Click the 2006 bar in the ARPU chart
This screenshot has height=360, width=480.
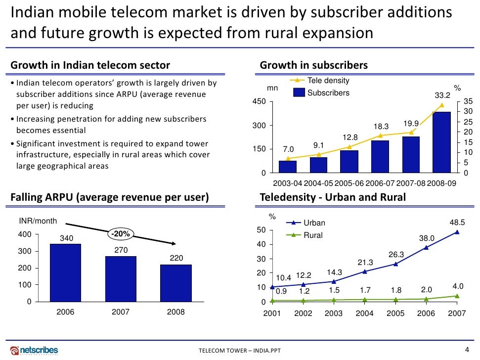click(66, 272)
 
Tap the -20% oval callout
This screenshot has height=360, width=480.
click(120, 233)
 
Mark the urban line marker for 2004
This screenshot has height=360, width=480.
click(365, 271)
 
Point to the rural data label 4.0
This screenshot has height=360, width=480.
click(458, 286)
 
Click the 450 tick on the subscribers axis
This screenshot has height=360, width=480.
click(259, 101)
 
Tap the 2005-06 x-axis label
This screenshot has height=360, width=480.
click(349, 183)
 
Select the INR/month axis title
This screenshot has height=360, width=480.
click(38, 221)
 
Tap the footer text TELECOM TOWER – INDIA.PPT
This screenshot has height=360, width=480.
click(239, 351)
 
